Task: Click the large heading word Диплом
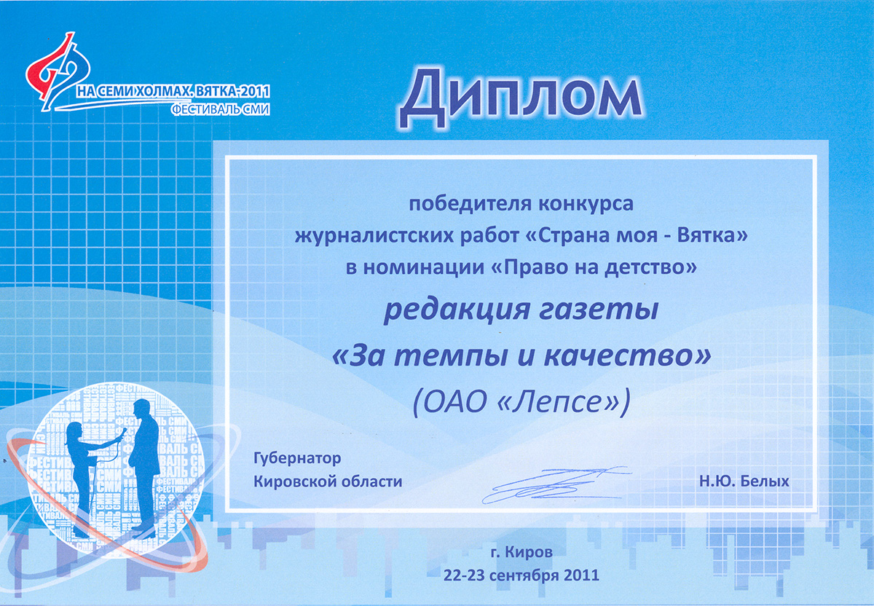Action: click(521, 97)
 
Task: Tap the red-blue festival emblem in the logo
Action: click(58, 72)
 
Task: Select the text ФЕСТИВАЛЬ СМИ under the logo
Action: click(221, 110)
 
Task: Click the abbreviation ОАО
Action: click(455, 401)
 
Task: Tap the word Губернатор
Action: click(297, 458)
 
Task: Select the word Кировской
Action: click(294, 481)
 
